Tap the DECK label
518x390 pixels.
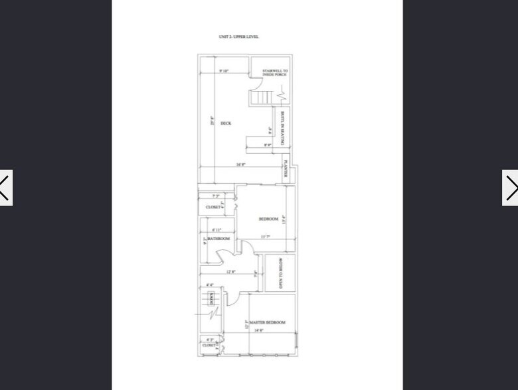226,123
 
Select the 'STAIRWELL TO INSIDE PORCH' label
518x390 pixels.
275,72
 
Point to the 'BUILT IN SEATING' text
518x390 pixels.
282,129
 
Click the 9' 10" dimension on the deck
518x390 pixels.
222,71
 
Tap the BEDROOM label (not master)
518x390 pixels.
268,219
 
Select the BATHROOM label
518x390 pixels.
218,239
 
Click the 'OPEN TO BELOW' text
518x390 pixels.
281,273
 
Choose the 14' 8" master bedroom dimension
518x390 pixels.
258,330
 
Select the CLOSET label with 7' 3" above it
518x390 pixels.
213,207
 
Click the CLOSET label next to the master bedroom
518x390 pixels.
209,345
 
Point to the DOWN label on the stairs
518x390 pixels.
211,299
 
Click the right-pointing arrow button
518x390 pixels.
510,188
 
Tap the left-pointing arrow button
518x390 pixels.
5,188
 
